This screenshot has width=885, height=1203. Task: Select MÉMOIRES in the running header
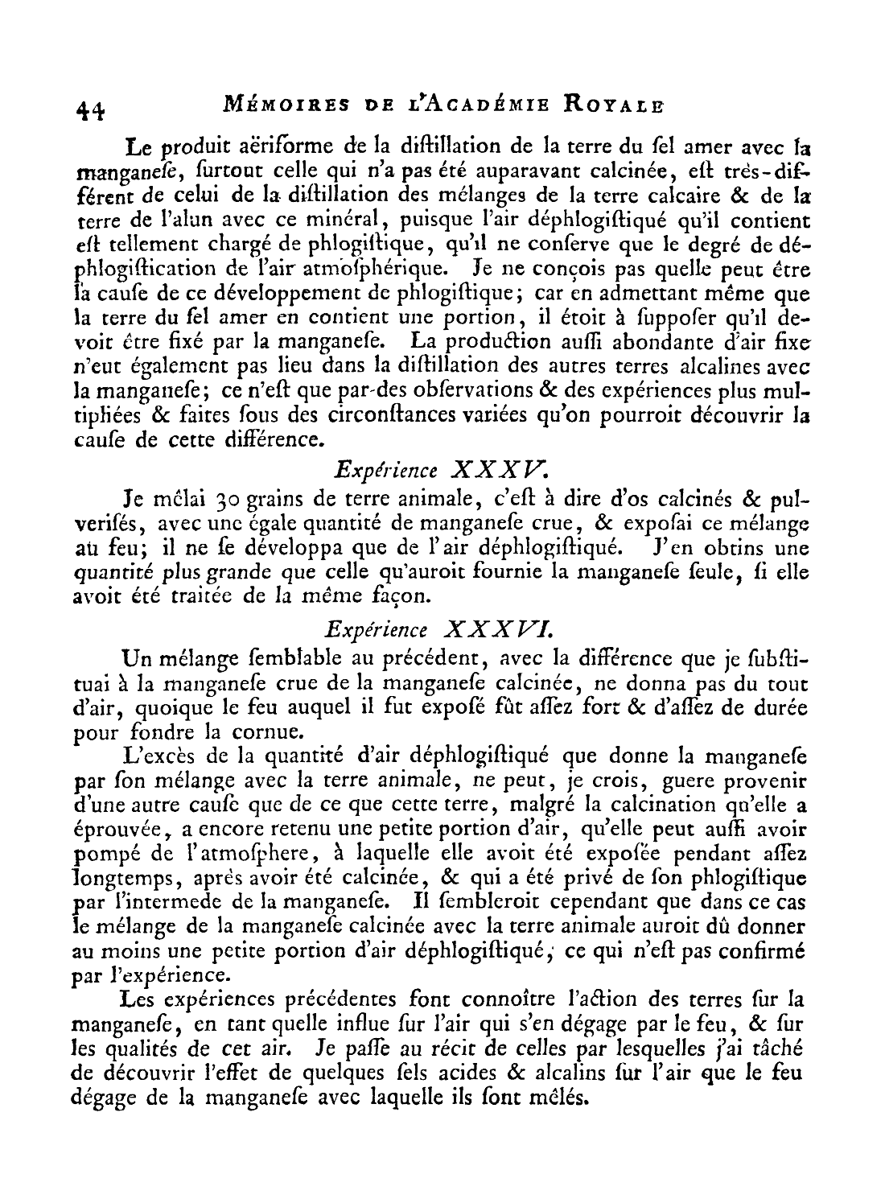tap(253, 104)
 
